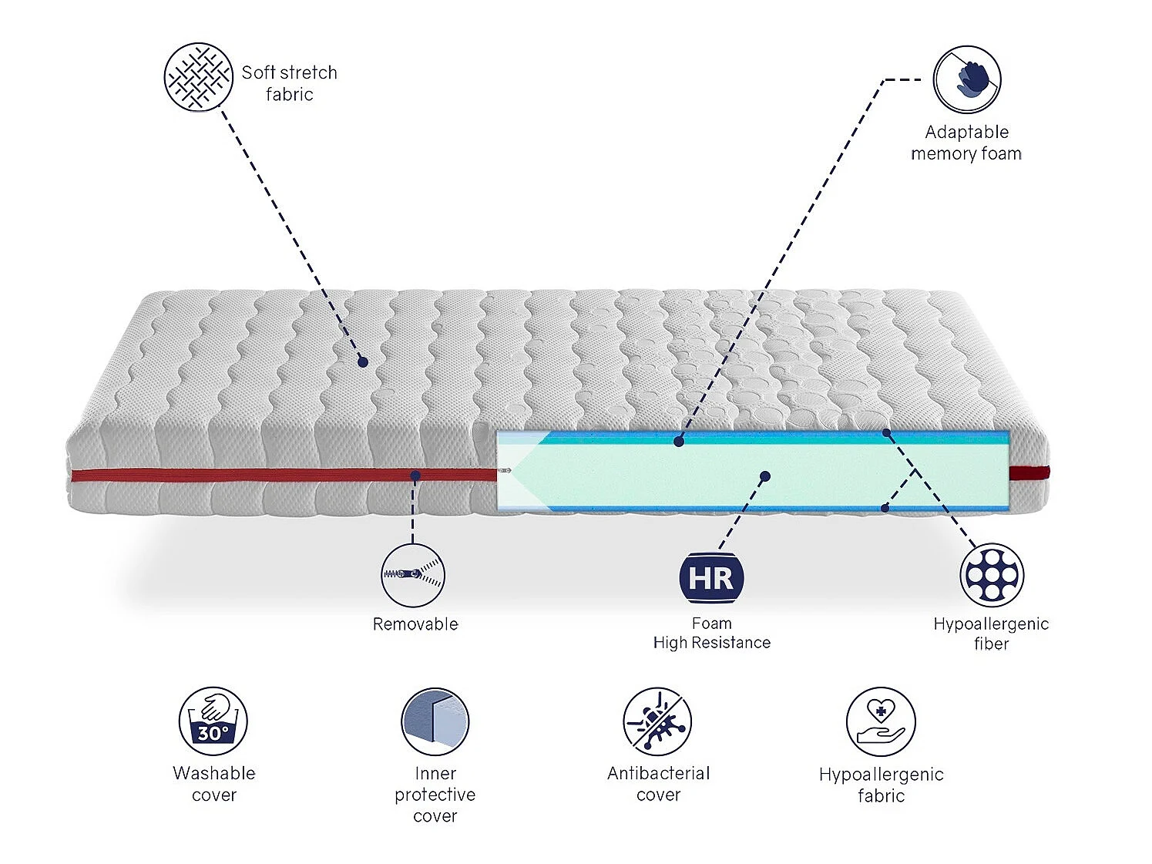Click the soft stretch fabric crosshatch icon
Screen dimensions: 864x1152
pos(198,77)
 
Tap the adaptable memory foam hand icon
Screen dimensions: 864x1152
pos(966,79)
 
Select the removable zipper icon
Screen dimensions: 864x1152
pos(413,575)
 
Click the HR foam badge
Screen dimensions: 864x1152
pos(711,578)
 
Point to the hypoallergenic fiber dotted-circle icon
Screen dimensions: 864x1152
pos(992,575)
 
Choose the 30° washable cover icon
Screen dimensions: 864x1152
pos(213,721)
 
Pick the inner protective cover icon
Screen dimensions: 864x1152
pos(435,721)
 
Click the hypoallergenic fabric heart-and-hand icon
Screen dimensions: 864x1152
pos(881,721)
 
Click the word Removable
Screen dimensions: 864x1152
pos(415,624)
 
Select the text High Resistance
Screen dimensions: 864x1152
pos(711,643)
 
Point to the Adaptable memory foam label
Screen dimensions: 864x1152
pos(966,143)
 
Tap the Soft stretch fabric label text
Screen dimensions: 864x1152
pos(290,83)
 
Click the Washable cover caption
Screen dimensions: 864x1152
pos(214,784)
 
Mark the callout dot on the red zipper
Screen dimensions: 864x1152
pos(415,476)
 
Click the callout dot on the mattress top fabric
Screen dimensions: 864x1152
pos(363,361)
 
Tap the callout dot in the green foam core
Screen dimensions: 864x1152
pos(765,476)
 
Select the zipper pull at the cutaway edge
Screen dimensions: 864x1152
pos(504,470)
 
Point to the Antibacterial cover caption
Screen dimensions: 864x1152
pos(658,784)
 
